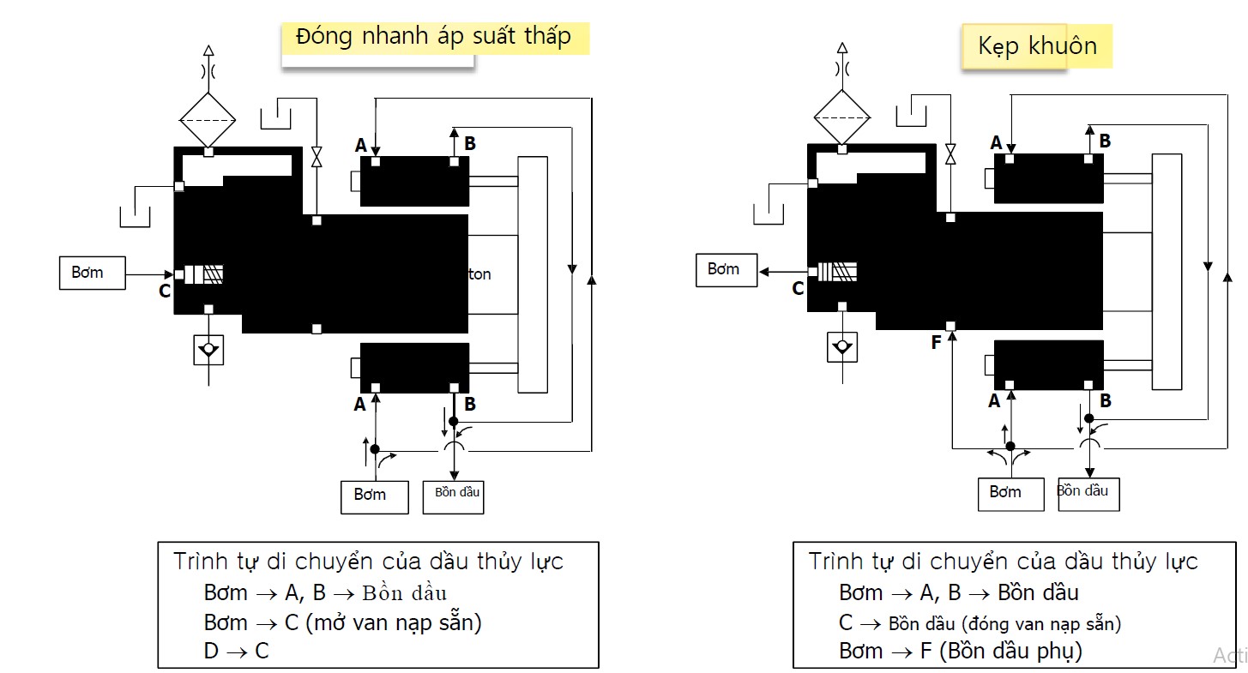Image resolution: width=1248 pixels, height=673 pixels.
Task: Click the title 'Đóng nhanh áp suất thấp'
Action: (x=433, y=38)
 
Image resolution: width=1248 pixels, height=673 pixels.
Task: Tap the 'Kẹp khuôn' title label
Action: (x=1037, y=45)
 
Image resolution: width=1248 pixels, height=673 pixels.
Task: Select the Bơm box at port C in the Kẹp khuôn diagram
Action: (x=726, y=270)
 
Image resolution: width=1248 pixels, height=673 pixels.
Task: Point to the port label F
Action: (x=936, y=343)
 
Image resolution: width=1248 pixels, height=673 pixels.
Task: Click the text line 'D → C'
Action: (x=236, y=651)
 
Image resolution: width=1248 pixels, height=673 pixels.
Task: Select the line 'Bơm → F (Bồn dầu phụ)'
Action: (x=961, y=651)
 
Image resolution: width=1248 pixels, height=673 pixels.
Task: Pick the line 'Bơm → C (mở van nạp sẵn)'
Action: (x=342, y=622)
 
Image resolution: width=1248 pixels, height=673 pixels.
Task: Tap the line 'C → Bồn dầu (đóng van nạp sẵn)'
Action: (x=980, y=622)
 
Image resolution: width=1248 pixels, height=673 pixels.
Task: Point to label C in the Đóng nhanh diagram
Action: (x=164, y=291)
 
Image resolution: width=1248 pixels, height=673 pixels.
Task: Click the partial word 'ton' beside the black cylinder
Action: (x=480, y=274)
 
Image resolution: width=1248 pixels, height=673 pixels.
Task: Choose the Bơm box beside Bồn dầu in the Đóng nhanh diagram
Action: (x=374, y=496)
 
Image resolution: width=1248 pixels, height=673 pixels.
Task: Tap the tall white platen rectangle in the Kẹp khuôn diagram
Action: (x=1167, y=272)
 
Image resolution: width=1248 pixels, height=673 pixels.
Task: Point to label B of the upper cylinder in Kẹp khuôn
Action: (x=1105, y=141)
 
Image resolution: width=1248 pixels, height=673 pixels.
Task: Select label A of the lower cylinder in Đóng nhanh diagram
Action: (x=359, y=403)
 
